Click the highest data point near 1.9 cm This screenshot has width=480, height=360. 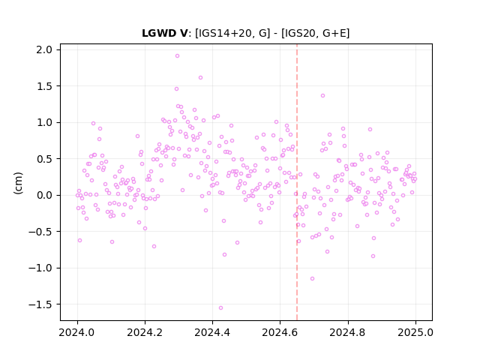pos(177,56)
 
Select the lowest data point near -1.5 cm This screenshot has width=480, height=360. pos(220,308)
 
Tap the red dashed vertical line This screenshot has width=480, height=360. pos(297,182)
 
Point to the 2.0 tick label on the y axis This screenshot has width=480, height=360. pos(44,49)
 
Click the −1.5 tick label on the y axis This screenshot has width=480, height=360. pos(40,304)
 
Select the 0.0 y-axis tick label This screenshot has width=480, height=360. pos(44,195)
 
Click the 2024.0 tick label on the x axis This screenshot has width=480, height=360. pos(77,332)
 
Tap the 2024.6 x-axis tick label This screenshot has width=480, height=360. pos(280,332)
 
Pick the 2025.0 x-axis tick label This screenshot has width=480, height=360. pos(415,332)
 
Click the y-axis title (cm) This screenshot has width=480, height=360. pos(18,183)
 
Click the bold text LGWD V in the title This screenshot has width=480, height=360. pos(164,33)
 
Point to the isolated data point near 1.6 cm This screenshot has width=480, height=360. pos(200,78)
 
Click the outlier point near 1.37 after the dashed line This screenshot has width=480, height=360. pos(322,96)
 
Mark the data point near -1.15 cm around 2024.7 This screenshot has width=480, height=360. pos(312,279)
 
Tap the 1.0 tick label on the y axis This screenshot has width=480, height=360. pos(44,122)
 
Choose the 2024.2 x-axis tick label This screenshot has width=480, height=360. pos(145,332)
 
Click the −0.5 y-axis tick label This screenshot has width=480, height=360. pos(40,232)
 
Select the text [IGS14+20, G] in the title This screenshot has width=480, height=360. pos(232,33)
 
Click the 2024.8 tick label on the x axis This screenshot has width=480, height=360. pos(348,332)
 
